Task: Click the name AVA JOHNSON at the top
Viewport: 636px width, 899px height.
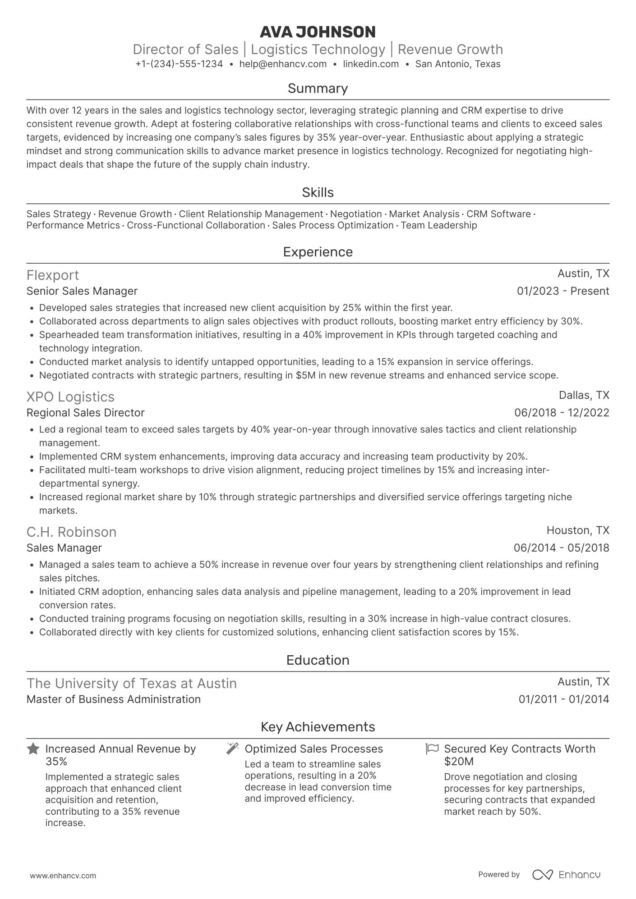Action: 318,32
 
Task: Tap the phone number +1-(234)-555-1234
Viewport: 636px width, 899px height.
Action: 179,64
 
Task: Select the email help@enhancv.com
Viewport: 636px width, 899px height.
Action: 283,64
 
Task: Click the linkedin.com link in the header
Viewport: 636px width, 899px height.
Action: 371,64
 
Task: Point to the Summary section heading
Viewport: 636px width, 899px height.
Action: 318,88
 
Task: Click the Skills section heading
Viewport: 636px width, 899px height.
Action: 318,192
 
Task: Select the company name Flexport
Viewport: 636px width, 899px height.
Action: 53,275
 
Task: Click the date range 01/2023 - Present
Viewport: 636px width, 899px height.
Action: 562,291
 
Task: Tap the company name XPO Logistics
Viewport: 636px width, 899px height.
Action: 70,397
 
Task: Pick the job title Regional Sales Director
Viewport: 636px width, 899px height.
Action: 85,413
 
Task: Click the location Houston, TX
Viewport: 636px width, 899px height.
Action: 577,530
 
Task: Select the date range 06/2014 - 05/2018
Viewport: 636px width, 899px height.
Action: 561,548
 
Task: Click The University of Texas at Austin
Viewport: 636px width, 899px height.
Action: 131,683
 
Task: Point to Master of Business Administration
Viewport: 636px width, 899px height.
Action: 113,699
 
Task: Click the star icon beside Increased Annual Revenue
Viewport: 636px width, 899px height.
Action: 33,749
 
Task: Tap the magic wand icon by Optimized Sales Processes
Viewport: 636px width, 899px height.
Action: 232,748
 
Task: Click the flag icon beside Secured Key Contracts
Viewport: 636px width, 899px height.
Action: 432,748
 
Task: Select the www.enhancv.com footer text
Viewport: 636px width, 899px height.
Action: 63,876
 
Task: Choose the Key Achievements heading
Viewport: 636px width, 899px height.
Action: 318,727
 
